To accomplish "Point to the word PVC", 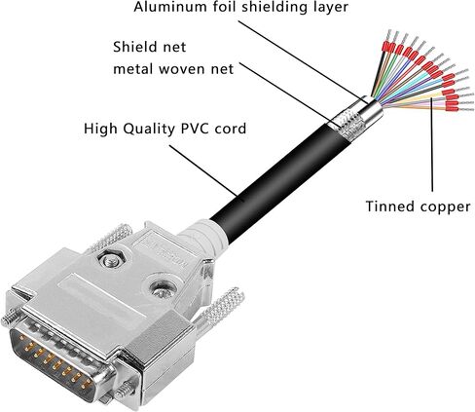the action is pyautogui.click(x=195, y=129).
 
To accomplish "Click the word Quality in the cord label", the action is pyautogui.click(x=150, y=130).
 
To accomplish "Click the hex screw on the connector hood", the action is pyautogui.click(x=111, y=259).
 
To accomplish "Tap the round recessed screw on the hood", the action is pyautogui.click(x=162, y=288).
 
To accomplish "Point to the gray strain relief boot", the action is pyautogui.click(x=202, y=238).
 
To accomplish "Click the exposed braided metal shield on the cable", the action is pyautogui.click(x=347, y=125).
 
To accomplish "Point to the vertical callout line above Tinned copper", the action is pyautogui.click(x=432, y=144).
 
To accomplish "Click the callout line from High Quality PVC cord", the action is pyautogui.click(x=203, y=170).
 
